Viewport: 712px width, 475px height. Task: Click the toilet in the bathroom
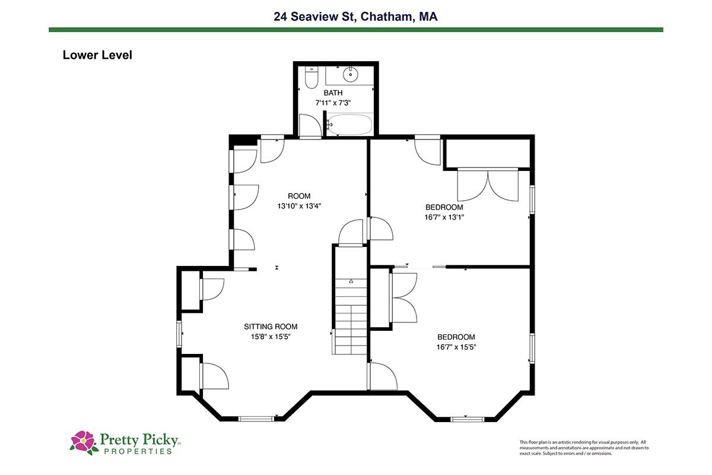311,77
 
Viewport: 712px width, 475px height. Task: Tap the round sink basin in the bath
350,75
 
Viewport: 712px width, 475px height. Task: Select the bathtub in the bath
349,125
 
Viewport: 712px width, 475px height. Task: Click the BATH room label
333,93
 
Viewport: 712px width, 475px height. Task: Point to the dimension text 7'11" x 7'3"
333,103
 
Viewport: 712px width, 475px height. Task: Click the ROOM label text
299,196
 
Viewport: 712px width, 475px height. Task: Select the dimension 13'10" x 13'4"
299,206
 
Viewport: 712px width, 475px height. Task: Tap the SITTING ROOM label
271,327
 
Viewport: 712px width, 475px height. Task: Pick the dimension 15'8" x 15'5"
271,337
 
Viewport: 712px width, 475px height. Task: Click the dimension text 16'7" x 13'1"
444,217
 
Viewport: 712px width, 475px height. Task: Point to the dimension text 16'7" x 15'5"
456,347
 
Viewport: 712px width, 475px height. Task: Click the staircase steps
351,316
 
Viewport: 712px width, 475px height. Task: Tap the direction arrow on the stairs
351,281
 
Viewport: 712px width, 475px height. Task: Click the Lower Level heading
97,55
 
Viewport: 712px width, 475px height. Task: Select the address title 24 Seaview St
313,17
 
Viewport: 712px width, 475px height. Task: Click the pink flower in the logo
83,441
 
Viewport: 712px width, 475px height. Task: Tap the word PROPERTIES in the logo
138,451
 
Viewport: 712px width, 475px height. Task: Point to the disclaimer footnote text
584,448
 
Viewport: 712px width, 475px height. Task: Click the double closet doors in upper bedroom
488,185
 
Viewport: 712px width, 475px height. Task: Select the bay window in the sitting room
256,419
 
